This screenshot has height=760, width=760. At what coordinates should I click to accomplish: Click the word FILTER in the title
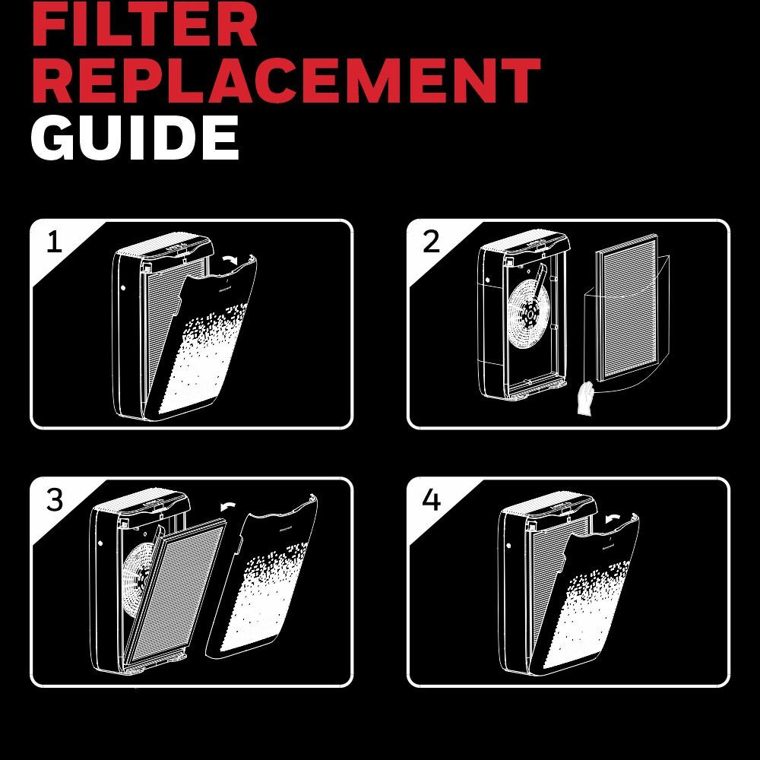tap(144, 24)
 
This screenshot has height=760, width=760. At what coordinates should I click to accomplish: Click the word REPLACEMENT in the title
tap(286, 80)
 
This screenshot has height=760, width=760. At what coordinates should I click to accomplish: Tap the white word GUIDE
tap(135, 138)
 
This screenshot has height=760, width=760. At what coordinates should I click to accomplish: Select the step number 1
tap(54, 242)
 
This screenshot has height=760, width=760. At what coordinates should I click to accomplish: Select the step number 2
tap(432, 242)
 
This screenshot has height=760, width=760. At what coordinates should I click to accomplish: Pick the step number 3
tap(55, 500)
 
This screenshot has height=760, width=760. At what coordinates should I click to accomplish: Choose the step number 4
tap(432, 500)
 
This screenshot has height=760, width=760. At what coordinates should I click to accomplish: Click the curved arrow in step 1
tap(230, 259)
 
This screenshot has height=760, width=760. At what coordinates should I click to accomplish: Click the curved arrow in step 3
tap(228, 505)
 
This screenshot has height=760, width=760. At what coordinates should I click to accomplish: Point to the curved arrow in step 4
tap(613, 518)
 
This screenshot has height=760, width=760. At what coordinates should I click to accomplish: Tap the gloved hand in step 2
tap(586, 398)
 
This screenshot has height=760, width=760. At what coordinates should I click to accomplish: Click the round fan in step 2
tap(528, 315)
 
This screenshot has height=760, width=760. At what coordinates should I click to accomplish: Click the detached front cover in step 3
tap(261, 577)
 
